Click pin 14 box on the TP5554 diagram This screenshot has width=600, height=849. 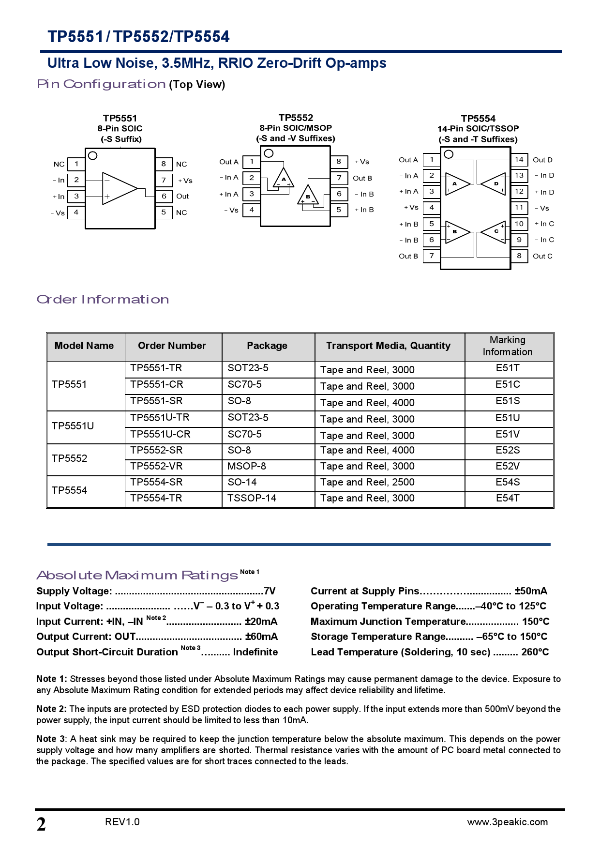point(519,159)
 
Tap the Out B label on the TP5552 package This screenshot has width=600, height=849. point(362,178)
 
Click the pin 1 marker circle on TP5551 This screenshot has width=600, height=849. point(93,155)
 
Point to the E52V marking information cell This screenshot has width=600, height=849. point(508,466)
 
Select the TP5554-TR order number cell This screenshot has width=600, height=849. point(156,498)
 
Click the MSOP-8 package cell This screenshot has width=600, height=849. point(247,466)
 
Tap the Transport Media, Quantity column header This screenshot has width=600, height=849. point(388,346)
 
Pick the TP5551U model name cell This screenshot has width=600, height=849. point(73,426)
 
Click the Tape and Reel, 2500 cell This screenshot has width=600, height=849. point(367,482)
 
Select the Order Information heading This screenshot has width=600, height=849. point(103,299)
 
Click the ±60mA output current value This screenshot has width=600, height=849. point(261,637)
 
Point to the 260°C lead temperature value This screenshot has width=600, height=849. point(535,652)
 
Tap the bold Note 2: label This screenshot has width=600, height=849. point(51,709)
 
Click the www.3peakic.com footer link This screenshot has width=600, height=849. point(507,822)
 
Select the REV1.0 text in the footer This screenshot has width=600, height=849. point(122,822)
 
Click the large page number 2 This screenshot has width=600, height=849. point(41,824)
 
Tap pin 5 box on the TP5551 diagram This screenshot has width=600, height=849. point(164,212)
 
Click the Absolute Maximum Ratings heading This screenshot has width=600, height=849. point(137,575)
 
